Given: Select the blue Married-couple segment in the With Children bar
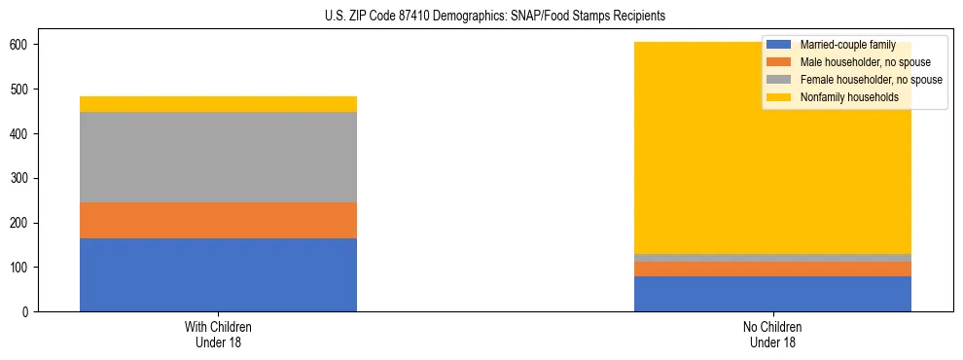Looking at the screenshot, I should [x=218, y=274].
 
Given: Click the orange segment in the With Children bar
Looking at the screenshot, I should [x=218, y=220].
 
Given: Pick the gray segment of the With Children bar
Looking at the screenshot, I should [x=218, y=157].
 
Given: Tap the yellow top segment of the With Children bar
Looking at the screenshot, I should [x=218, y=104].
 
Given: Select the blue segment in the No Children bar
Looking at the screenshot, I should [x=772, y=294].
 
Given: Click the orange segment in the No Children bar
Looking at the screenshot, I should [x=772, y=269].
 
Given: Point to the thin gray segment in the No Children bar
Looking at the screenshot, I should [x=772, y=258].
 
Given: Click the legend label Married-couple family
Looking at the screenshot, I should [x=845, y=45].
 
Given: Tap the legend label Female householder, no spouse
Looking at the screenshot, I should [x=870, y=80].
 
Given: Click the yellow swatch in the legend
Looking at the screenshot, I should [x=779, y=97].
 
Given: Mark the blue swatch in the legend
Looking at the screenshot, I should [x=779, y=45].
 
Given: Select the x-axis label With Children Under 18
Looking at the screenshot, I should [x=218, y=334].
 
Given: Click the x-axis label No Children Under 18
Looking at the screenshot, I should [x=772, y=334].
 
